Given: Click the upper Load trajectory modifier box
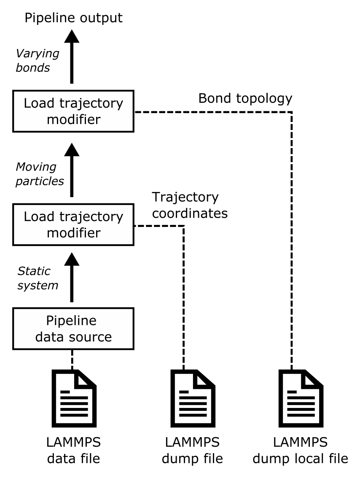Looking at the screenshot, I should tap(73, 111).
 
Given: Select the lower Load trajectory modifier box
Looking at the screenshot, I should tap(73, 224).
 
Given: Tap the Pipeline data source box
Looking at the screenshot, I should tap(73, 329).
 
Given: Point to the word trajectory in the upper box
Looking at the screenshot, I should tap(91, 103).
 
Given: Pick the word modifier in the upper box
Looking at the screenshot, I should tap(73, 119).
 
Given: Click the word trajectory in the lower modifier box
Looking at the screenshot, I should tap(91, 217).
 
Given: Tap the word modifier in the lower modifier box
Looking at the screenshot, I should tap(73, 233).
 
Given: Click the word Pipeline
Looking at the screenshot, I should tap(71, 321).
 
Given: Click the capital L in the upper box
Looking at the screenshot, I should tap(27, 103).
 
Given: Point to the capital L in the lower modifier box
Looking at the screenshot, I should tap(27, 217).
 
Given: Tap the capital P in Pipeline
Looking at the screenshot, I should tap(49, 321).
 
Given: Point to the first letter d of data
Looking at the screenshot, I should tap(39, 337).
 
